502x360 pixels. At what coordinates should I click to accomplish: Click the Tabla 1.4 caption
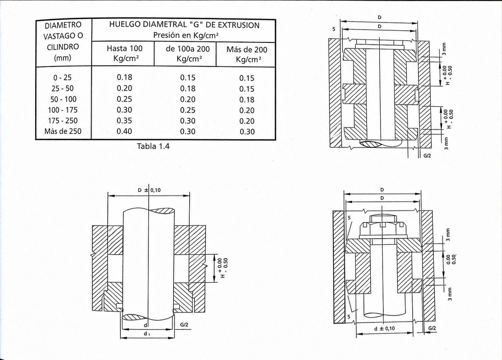(153, 146)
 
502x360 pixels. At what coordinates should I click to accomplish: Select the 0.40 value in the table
(124, 131)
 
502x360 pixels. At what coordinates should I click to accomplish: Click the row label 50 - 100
(63, 99)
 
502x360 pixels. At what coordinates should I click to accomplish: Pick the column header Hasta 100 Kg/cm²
(124, 54)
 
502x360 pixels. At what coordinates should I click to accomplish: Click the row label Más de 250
(63, 131)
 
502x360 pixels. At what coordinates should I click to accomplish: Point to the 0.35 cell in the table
(124, 121)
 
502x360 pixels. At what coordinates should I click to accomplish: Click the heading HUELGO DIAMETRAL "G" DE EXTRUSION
(184, 25)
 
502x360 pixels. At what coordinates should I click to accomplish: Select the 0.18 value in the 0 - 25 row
(124, 77)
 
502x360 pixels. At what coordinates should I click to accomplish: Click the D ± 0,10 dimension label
(149, 190)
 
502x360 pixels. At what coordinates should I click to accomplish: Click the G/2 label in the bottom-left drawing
(184, 325)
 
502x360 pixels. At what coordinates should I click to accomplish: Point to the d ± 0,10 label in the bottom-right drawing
(384, 328)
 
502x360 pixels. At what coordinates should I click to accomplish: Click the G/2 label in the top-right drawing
(427, 156)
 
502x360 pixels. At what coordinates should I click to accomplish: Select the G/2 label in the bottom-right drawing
(432, 328)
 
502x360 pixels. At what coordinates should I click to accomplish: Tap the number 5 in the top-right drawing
(334, 29)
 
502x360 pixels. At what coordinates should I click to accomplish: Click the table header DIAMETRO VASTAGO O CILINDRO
(63, 41)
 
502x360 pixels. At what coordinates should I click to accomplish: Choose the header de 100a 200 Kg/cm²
(188, 54)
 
